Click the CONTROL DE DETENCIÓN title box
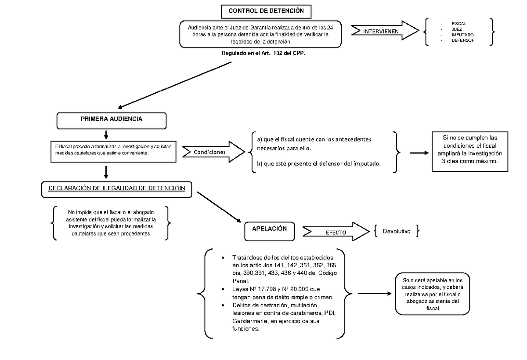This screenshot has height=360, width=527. click(x=266, y=11)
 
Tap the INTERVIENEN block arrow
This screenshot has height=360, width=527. click(x=385, y=31)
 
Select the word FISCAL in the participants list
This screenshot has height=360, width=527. click(x=459, y=24)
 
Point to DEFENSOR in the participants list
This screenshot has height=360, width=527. click(x=463, y=40)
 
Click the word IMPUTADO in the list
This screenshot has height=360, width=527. click(x=462, y=35)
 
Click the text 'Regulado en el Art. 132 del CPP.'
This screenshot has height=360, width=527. click(x=263, y=53)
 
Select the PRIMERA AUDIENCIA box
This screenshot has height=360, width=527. click(x=112, y=121)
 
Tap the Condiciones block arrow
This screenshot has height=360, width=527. click(x=213, y=152)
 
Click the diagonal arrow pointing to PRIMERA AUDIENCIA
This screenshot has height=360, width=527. click(x=175, y=85)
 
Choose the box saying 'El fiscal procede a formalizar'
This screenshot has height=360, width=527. click(x=113, y=152)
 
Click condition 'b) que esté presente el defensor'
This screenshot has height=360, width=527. click(x=318, y=164)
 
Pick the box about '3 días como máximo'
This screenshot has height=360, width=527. click(x=470, y=152)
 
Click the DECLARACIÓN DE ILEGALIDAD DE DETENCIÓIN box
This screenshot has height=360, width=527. click(x=117, y=189)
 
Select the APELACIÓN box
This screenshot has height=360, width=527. click(x=270, y=231)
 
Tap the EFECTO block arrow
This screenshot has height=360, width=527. click(x=336, y=232)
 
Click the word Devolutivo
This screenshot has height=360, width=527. click(x=397, y=231)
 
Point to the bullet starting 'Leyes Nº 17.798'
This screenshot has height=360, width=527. click(x=283, y=293)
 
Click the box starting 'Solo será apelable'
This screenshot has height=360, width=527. click(x=433, y=294)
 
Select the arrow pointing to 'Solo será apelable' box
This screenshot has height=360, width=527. click(x=375, y=294)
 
